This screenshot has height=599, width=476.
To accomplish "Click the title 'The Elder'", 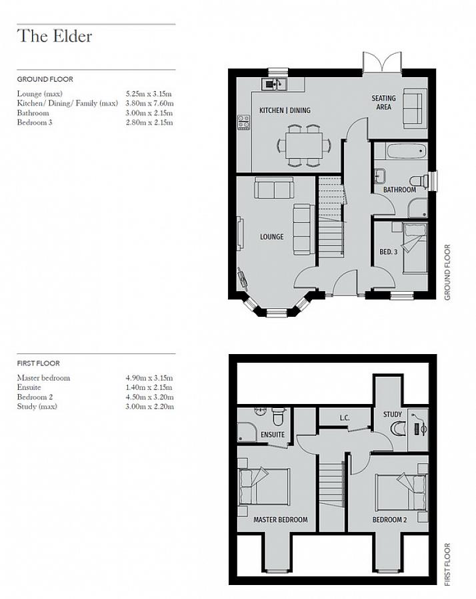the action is pos(55,37).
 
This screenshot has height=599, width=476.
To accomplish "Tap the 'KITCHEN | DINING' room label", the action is pos(285,110).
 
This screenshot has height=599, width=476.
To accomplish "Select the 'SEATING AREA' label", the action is pos(383,102).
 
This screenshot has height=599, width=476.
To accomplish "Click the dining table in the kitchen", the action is pos(304,146).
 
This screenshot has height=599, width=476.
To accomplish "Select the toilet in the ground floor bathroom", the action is pos(419,180).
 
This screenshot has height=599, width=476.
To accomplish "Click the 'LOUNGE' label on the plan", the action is pos(272,237).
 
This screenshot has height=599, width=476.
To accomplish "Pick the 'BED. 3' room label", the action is pos(389,252).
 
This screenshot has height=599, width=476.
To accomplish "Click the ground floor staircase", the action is pos(331,218).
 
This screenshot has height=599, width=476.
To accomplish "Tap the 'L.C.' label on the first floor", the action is pos(345,418).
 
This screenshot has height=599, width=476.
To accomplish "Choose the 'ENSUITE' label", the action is pos(273,435).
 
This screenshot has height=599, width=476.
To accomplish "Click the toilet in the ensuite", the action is pos(279,417).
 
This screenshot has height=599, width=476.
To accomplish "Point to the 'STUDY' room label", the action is pos(393,415).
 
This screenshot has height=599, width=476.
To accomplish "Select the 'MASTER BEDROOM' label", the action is pos(281,520).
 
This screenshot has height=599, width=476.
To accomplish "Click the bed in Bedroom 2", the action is pos(401,492).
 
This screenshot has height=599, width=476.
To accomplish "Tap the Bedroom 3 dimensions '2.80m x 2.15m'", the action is pos(149,122).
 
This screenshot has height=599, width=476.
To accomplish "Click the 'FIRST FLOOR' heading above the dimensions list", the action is pos(38,363).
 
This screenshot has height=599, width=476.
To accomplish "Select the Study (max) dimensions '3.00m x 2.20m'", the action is pos(149,407).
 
